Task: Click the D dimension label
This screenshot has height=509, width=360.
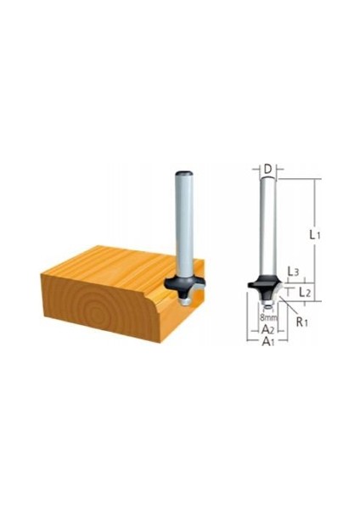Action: (267, 169)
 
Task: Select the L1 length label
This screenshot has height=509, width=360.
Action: (314, 234)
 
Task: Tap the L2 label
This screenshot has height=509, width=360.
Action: (305, 293)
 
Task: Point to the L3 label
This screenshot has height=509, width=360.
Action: (293, 272)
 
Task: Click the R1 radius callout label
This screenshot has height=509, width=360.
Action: (302, 322)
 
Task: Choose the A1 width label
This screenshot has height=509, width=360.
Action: (268, 342)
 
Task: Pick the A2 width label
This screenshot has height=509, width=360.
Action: (268, 330)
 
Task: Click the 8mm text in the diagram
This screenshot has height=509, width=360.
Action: (268, 318)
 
